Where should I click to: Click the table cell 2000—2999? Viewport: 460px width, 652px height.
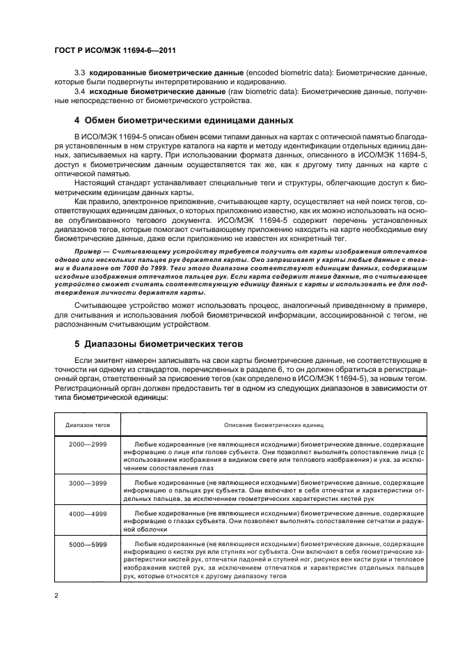click(x=87, y=443)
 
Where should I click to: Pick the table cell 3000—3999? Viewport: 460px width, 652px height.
click(x=87, y=481)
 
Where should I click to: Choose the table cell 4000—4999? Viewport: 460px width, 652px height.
click(x=87, y=513)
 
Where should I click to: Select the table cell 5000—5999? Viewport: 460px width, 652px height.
click(x=87, y=544)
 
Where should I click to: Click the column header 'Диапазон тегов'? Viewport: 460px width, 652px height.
click(x=87, y=424)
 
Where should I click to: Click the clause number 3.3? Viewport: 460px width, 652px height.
click(x=79, y=72)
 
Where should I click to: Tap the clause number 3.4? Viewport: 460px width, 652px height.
click(x=79, y=91)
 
